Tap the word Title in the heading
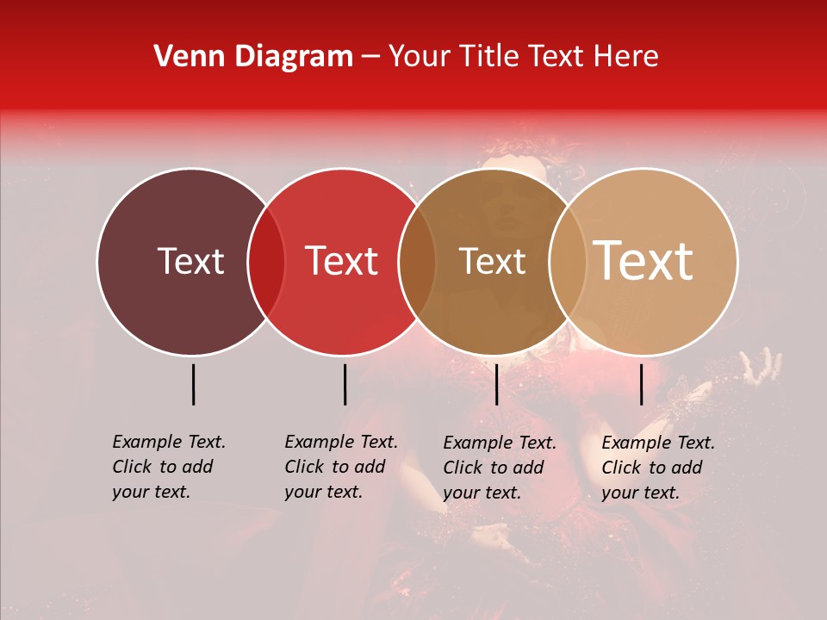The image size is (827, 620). point(488,57)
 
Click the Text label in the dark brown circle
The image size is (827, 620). point(190,261)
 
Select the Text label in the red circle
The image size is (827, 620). point(342,261)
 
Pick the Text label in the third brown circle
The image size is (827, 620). point(493,261)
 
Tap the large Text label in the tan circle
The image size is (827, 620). point(644,261)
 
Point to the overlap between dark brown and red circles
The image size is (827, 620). point(266,261)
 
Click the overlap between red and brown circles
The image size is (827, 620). point(417,261)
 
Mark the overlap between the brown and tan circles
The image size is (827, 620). point(568,261)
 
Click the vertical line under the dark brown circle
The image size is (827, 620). point(193,384)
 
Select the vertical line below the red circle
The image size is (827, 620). point(345,384)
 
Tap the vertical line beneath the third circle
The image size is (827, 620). point(496,384)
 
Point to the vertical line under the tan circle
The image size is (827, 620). point(641,384)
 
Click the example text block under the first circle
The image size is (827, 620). point(168,467)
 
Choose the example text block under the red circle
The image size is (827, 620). point(340,467)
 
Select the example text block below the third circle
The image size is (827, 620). point(499,468)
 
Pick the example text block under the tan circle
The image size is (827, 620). point(657,468)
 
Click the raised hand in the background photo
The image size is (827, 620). point(763,365)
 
